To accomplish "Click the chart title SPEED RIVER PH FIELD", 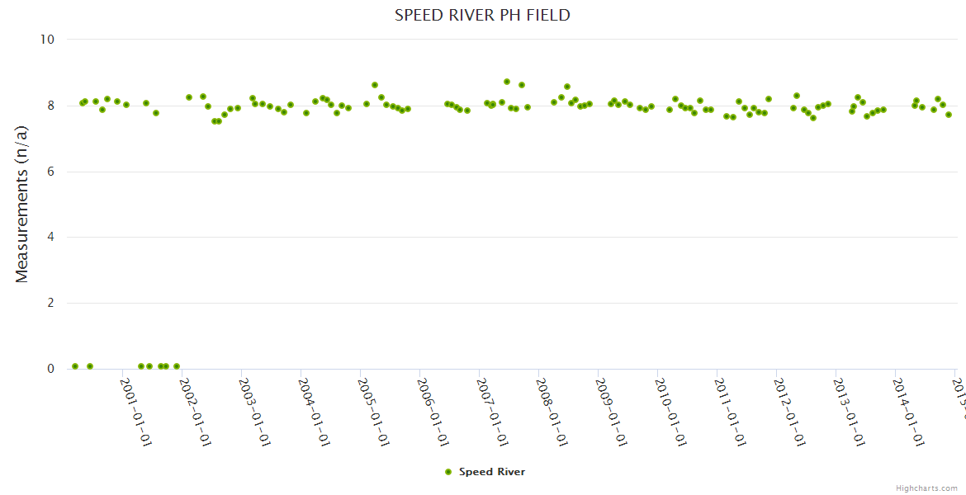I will click(x=482, y=15).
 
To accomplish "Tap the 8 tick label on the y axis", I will click(x=50, y=106).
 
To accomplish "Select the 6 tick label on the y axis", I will click(x=50, y=172).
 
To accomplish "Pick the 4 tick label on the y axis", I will click(x=50, y=238).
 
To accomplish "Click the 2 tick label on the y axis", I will click(x=50, y=304).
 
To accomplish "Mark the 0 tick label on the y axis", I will click(x=50, y=370).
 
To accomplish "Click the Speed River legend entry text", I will click(x=492, y=472).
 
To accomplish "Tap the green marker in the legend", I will click(x=448, y=472).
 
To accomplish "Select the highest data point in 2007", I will click(x=507, y=82).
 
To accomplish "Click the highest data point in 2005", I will click(x=375, y=85).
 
